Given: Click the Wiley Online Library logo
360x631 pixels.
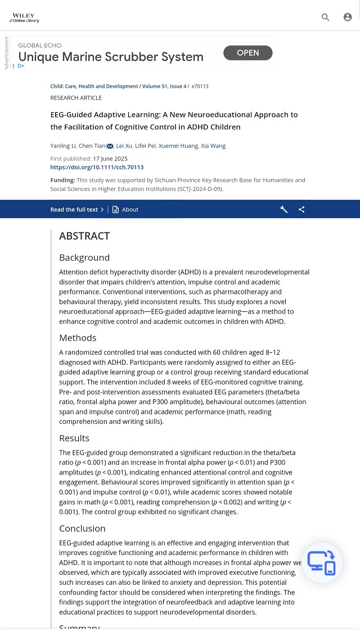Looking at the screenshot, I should coord(24,17).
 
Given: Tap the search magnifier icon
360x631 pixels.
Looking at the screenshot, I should coord(326,17).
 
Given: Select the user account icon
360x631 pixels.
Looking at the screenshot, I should coord(348,17).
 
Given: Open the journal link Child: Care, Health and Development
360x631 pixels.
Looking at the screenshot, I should coord(94,87).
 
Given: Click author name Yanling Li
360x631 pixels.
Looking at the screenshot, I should coord(62,146).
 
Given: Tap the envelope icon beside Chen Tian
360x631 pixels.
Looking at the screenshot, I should coord(110,146).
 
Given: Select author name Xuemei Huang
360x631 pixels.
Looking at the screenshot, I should coord(178,146).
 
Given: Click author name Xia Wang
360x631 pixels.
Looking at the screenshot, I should coord(213,146).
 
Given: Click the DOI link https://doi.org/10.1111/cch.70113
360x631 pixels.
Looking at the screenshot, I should coord(97,167).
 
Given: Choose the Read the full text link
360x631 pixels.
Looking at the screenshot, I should coord(77,209).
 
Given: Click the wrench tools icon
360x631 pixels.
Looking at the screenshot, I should coord(284,209).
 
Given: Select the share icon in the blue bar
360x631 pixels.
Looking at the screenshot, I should coord(301,209).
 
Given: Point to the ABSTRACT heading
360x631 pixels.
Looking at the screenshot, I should coord(84,236).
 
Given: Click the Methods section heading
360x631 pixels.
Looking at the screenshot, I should coord(78,338).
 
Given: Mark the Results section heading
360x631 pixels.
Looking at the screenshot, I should coord(74,438).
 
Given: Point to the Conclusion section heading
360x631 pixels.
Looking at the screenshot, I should coord(82,529).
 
